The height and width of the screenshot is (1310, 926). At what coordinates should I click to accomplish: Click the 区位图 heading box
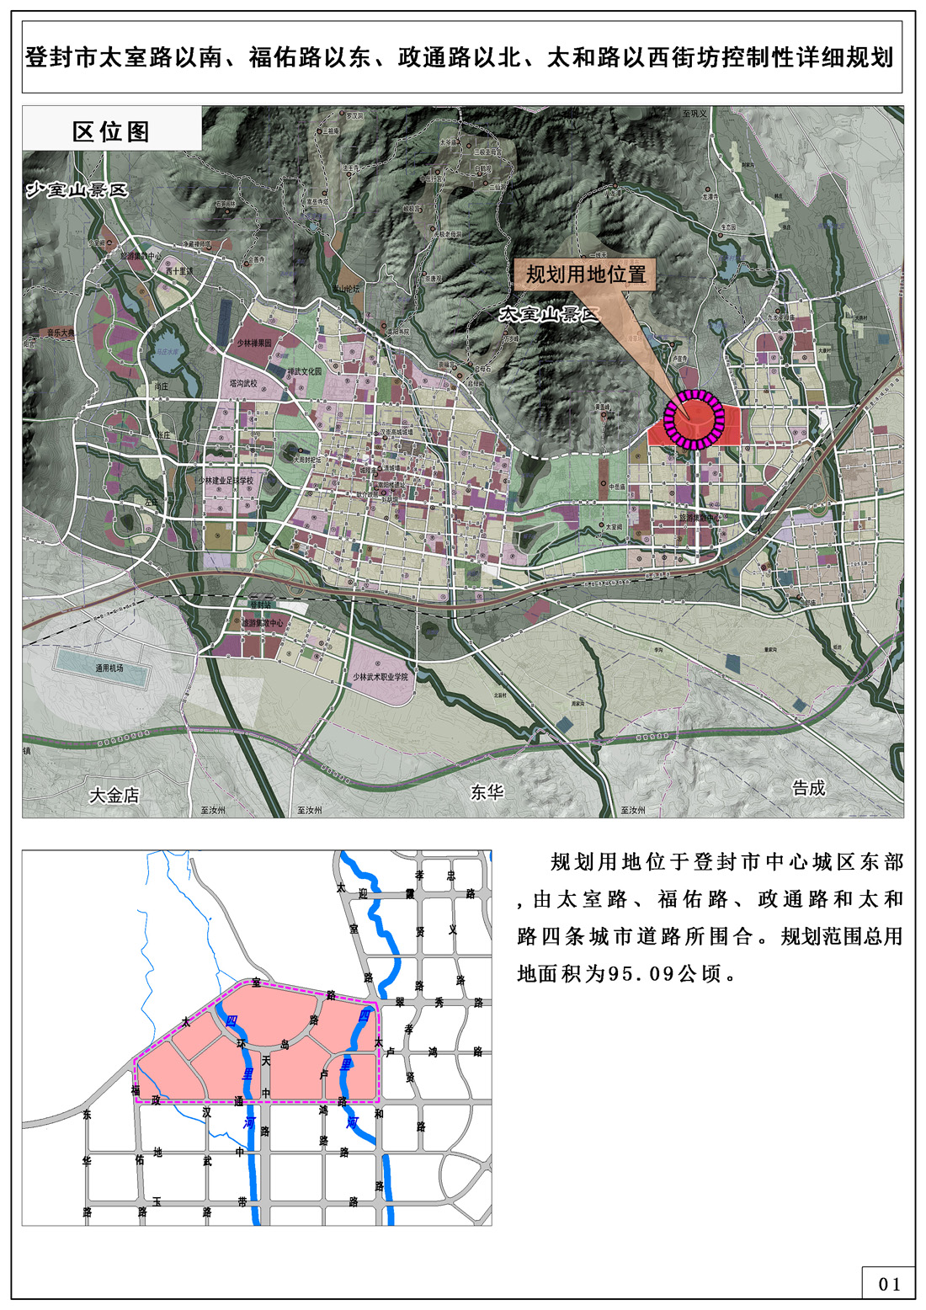tap(111, 130)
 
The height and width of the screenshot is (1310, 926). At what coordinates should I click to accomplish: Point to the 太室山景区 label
tap(548, 314)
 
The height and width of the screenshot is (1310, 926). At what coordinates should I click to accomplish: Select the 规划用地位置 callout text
tap(586, 274)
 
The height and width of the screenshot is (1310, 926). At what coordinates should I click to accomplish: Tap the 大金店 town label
tap(114, 794)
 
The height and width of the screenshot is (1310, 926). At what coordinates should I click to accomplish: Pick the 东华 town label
tap(487, 791)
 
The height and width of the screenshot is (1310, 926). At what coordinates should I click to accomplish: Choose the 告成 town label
tap(809, 787)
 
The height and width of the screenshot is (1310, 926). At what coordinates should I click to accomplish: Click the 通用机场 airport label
tap(109, 668)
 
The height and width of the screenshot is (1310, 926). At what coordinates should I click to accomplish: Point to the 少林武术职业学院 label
tap(380, 676)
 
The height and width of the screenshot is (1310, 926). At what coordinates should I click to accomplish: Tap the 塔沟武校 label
tap(243, 383)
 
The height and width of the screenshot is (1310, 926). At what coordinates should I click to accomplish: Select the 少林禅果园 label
tap(254, 343)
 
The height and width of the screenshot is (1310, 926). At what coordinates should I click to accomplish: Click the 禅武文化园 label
tap(305, 370)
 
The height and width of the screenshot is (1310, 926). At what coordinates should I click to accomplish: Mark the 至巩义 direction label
tap(694, 113)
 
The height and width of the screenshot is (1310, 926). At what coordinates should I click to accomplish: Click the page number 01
tap(890, 1284)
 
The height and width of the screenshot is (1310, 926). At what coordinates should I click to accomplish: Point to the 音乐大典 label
tap(61, 333)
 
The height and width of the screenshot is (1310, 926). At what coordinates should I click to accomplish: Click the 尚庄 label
tap(161, 386)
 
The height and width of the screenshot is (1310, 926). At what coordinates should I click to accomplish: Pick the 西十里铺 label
tap(178, 272)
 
